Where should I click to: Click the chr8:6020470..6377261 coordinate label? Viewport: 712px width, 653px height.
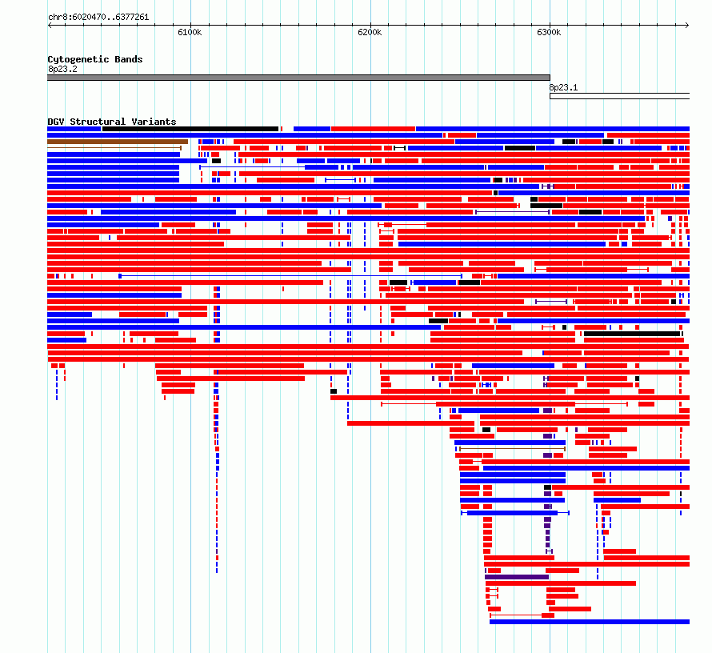tap(98, 18)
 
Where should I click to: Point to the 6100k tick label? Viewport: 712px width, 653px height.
tap(190, 32)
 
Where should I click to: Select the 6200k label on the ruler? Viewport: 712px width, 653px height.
tap(370, 32)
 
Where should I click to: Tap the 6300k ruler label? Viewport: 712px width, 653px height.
tap(549, 32)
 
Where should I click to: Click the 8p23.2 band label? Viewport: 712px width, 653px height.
tap(62, 69)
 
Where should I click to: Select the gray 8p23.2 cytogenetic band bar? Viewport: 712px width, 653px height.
tap(298, 78)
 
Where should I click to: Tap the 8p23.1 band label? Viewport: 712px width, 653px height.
tap(563, 88)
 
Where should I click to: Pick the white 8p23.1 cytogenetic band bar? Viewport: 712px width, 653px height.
tap(619, 96)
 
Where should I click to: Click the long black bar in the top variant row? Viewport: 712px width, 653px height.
tap(190, 129)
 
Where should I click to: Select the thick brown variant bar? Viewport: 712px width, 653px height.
tap(118, 142)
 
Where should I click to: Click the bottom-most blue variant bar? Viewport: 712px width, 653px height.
tap(590, 622)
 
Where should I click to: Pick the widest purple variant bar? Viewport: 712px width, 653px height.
tap(517, 577)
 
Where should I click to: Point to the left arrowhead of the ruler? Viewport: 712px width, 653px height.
tap(49, 26)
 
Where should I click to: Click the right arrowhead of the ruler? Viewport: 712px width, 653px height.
tap(688, 26)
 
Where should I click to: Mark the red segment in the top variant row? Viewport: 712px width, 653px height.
tap(374, 129)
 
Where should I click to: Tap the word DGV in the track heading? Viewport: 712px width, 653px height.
tap(56, 122)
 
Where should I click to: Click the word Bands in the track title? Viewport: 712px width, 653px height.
tap(129, 59)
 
